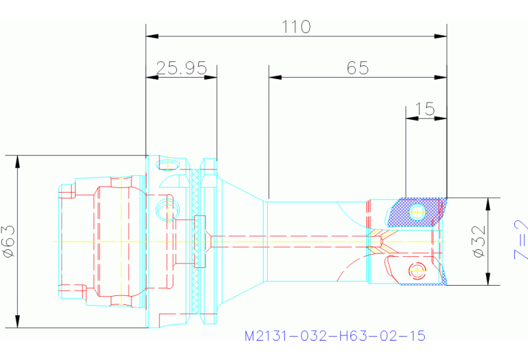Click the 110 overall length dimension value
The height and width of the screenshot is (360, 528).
(x=297, y=27)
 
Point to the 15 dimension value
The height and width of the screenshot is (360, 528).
(x=425, y=109)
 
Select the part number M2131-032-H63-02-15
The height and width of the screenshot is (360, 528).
(x=335, y=336)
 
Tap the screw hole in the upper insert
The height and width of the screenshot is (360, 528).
(x=416, y=213)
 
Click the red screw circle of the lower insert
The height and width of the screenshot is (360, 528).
(x=414, y=269)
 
